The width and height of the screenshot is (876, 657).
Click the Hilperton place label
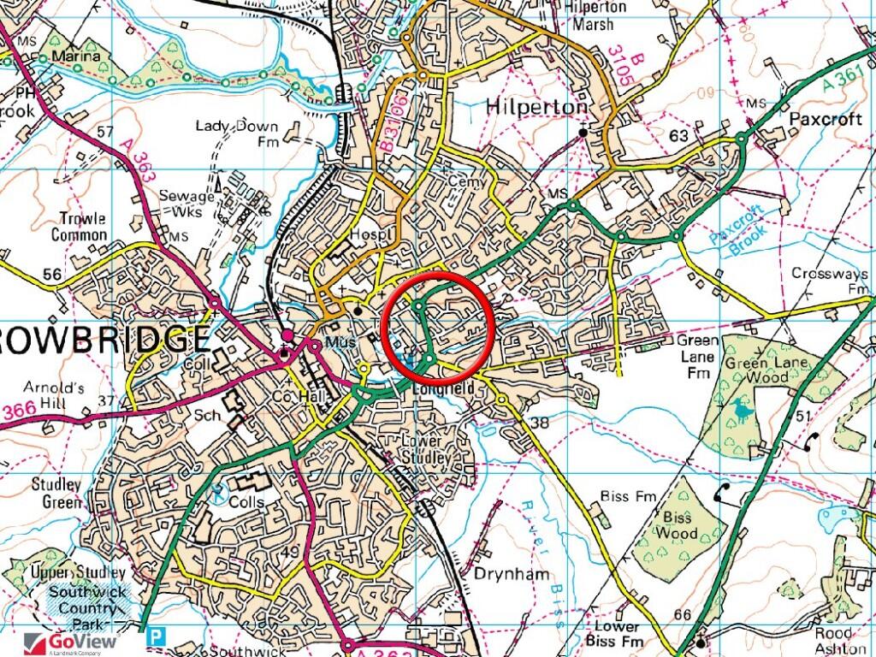point(536,107)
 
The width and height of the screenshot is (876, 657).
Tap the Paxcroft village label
point(826,119)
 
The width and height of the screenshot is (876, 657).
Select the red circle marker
point(438,328)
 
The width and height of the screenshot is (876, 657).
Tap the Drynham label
point(512,574)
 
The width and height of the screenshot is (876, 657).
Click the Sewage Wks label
point(186,204)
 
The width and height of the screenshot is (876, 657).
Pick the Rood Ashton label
point(833,640)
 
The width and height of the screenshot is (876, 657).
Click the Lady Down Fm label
point(238,133)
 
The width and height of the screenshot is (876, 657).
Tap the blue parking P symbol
point(156,636)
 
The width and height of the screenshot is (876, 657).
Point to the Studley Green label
point(56,494)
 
